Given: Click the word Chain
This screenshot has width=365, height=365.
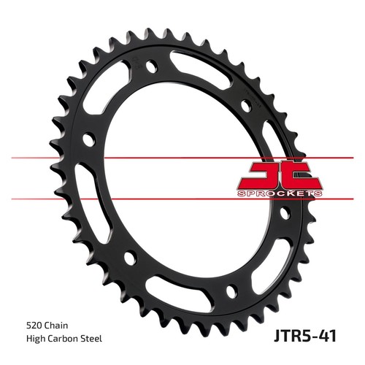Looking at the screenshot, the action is click(56, 326).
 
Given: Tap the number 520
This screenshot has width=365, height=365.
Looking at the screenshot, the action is click(34, 326).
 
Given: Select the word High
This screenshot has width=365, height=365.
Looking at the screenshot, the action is click(36, 339).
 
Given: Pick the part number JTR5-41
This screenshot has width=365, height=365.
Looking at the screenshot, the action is click(305, 336).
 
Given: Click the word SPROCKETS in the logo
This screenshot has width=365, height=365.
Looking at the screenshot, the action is click(280, 193).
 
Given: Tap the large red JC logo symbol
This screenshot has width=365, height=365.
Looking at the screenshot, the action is click(280, 177).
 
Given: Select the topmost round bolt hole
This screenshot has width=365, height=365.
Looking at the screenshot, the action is click(152, 66).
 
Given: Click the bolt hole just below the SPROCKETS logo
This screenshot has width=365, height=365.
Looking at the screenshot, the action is click(285, 213).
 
